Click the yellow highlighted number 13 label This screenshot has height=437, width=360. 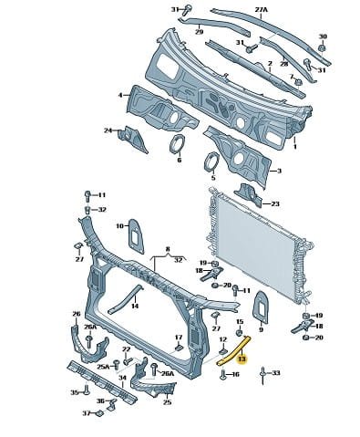(x=242, y=359)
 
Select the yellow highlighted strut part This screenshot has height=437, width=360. (x=234, y=350)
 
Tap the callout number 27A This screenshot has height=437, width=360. (x=262, y=10)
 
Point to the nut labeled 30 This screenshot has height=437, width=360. (x=322, y=48)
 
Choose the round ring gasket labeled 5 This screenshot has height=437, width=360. (x=211, y=162)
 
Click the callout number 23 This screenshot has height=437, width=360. (x=275, y=203)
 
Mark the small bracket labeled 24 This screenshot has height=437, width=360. (x=132, y=139)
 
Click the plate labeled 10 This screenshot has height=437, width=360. (x=136, y=235)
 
